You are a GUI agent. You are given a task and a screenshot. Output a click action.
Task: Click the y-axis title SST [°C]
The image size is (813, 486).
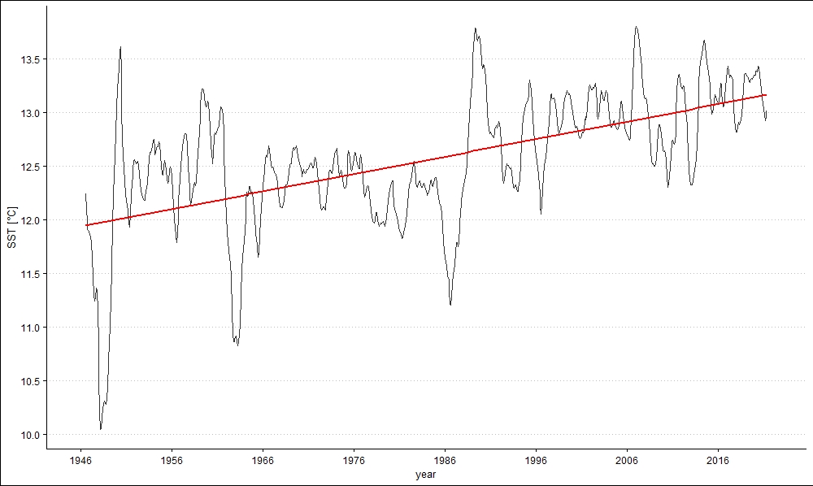(12, 228)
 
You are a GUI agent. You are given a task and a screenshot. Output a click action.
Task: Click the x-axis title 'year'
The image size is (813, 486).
(426, 474)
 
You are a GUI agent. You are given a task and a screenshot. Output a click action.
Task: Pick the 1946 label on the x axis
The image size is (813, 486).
(80, 460)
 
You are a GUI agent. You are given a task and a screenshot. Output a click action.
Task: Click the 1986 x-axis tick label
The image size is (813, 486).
(445, 460)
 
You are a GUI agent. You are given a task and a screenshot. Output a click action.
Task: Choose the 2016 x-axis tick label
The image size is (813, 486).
(718, 460)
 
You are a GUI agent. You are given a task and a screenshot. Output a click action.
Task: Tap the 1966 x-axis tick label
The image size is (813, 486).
(263, 460)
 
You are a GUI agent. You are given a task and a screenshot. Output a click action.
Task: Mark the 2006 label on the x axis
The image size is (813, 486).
(627, 460)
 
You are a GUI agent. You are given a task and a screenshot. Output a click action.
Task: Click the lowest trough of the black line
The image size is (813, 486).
(101, 429)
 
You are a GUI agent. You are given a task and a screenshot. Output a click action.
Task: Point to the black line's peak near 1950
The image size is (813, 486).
(120, 47)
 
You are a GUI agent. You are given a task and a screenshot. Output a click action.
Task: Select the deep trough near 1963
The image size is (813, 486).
(237, 345)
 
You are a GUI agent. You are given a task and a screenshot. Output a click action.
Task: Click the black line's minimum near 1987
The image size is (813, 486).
(450, 305)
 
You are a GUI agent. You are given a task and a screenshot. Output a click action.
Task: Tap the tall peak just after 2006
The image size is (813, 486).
(637, 27)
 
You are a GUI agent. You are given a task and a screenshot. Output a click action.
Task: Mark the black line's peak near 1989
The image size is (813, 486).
(475, 28)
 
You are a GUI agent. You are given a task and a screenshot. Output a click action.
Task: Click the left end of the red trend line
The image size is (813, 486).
(86, 225)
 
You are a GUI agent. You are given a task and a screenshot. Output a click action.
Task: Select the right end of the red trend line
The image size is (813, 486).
(767, 95)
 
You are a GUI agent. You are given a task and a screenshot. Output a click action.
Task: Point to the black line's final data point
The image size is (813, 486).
(767, 112)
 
